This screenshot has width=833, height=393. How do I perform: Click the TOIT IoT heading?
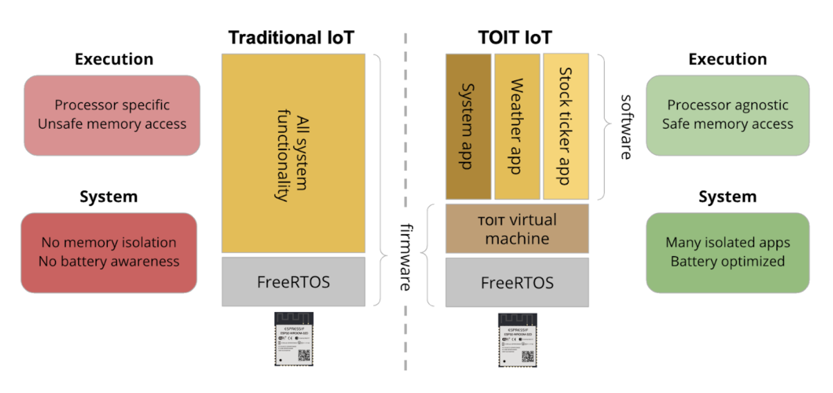click(x=515, y=37)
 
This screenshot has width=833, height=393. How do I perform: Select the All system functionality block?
click(x=293, y=153)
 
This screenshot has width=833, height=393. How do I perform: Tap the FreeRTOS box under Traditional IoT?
click(x=293, y=282)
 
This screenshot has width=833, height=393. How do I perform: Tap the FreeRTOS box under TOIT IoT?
click(x=517, y=282)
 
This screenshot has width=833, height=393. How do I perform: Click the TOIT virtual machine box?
click(x=517, y=229)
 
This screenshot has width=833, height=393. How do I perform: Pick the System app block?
click(x=468, y=126)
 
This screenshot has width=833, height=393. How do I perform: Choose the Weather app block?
click(x=516, y=126)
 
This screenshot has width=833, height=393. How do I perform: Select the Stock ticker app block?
click(x=565, y=126)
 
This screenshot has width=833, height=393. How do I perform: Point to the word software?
click(x=625, y=127)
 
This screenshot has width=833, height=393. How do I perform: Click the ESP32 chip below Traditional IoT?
click(x=293, y=338)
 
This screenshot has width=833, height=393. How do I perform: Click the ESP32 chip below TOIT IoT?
click(x=517, y=338)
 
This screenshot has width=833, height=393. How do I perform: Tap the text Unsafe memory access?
click(x=112, y=125)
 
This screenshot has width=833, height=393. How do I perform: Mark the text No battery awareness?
click(x=110, y=262)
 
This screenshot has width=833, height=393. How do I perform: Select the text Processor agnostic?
click(x=727, y=106)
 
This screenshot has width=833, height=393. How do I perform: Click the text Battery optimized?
click(x=727, y=262)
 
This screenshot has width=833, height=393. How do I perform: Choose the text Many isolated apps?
click(x=727, y=243)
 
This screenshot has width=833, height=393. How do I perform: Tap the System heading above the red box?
click(x=109, y=196)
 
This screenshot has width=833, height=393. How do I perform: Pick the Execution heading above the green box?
click(x=727, y=60)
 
